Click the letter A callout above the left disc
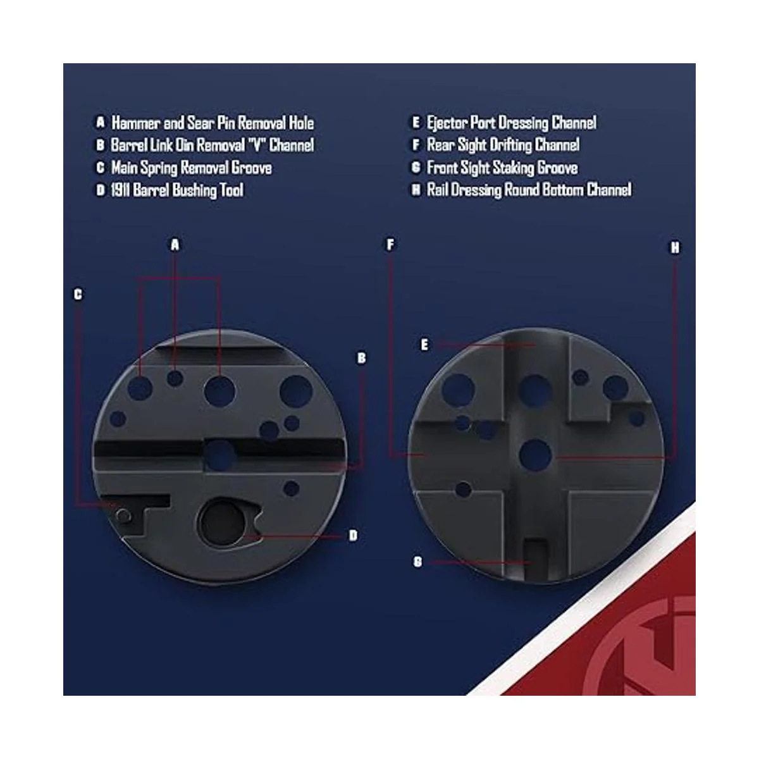click(x=175, y=245)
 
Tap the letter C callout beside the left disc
click(x=78, y=294)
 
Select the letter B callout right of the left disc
click(x=361, y=358)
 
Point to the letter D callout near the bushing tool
click(x=353, y=535)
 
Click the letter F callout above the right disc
click(x=390, y=245)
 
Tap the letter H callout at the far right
click(x=675, y=248)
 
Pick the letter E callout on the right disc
click(x=424, y=345)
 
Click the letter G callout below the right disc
click(x=417, y=562)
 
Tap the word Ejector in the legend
click(x=447, y=123)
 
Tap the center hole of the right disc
click(x=535, y=455)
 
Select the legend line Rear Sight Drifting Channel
click(x=503, y=145)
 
